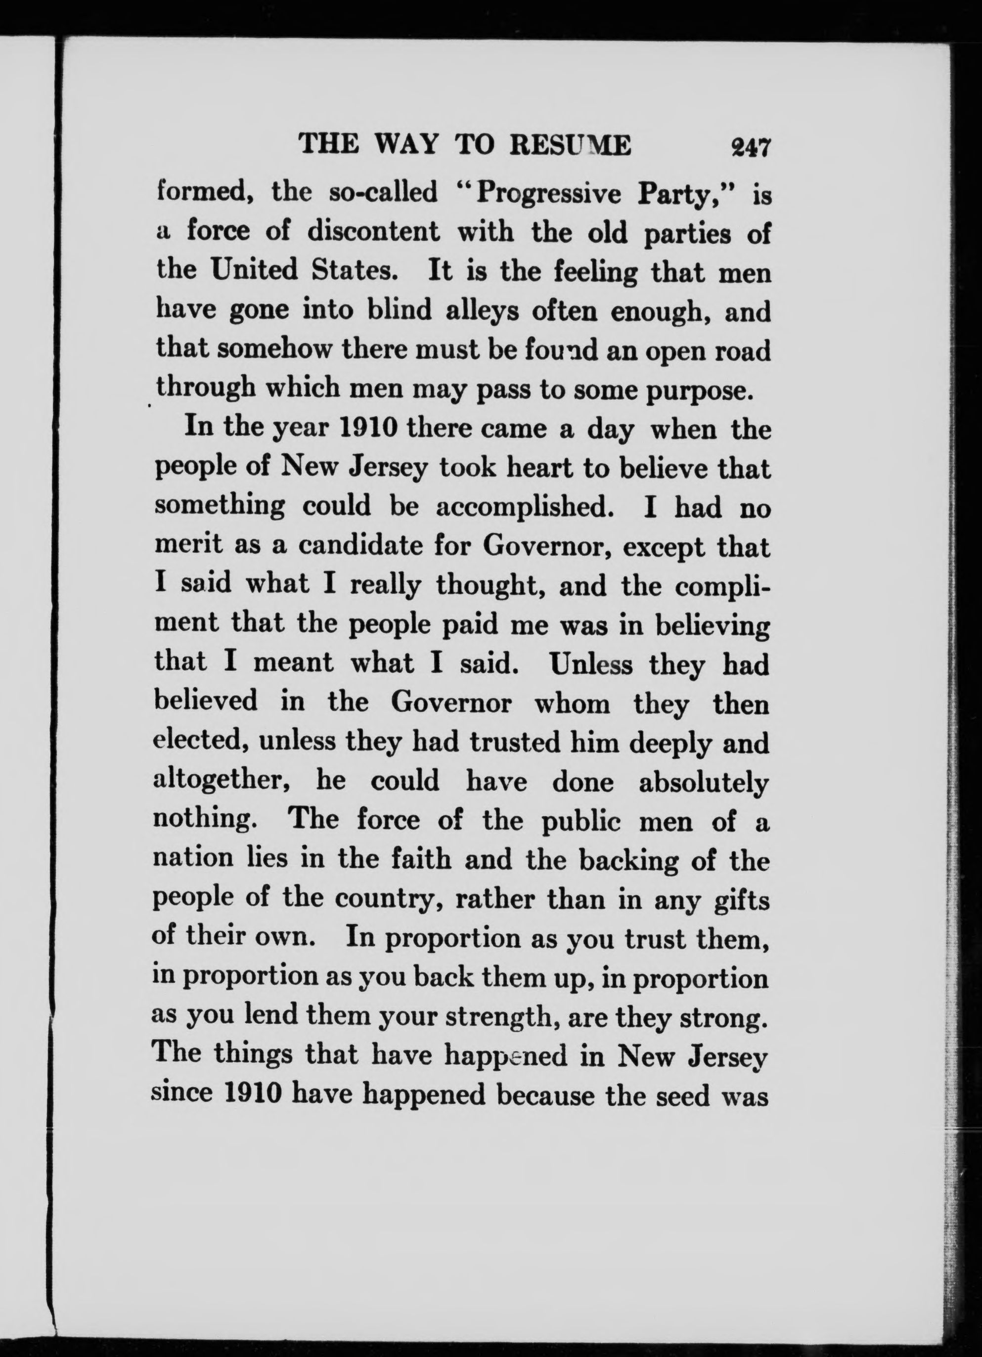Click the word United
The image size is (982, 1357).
coord(254,270)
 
